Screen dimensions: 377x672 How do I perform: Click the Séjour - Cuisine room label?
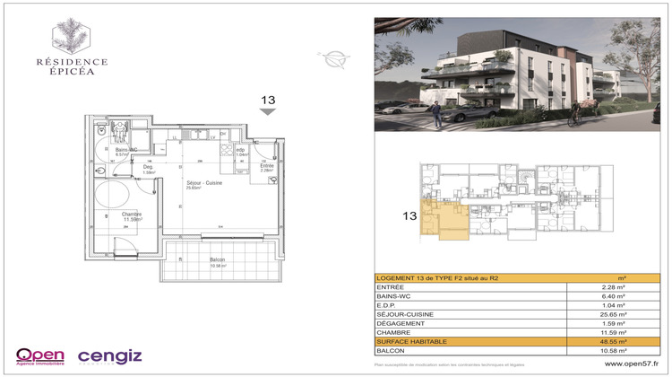pos(198,184)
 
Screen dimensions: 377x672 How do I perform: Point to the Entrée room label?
pos(267,167)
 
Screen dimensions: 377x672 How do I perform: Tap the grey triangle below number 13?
pos(267,112)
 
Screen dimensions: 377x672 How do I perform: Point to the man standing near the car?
pos(435,112)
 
